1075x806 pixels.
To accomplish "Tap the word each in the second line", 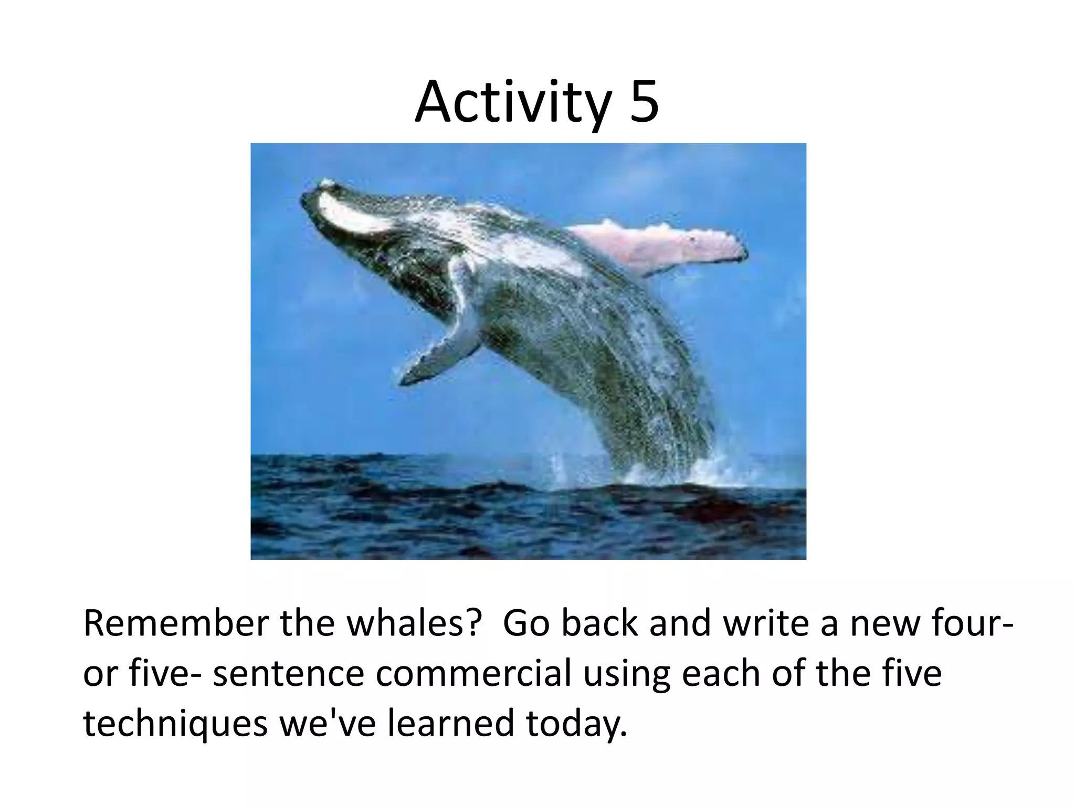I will coord(719,674).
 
